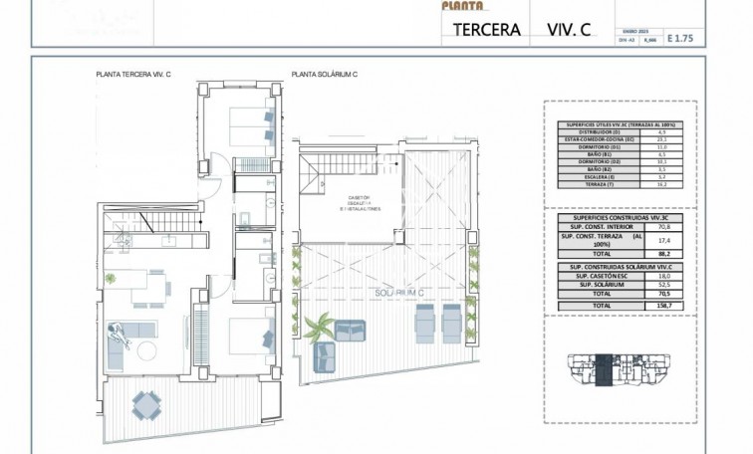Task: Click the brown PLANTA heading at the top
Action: pyautogui.click(x=461, y=5)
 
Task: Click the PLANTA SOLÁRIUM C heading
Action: pyautogui.click(x=326, y=75)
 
